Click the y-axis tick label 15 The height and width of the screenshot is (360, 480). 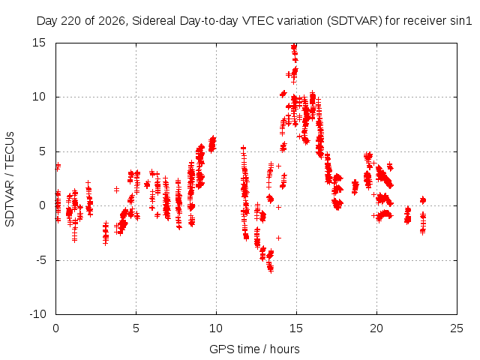pos(39,43)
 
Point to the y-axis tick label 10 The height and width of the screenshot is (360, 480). pos(39,97)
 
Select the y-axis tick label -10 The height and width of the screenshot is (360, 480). pos(37,314)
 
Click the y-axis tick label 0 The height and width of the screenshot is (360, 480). pos(43,205)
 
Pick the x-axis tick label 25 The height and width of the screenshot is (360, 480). pos(457,328)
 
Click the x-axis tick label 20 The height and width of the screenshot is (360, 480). pos(376,328)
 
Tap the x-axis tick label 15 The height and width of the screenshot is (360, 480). pos(296,328)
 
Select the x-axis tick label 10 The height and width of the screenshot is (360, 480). pos(216,328)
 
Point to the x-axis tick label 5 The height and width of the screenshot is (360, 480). pos(136,328)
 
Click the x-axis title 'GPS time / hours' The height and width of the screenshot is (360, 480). pos(254,349)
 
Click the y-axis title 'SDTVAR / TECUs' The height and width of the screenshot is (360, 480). pos(10,179)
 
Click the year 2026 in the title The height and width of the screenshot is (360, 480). pos(112,21)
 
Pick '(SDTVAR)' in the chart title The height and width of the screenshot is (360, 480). pos(355,21)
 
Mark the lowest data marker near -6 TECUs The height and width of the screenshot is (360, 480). pos(271,271)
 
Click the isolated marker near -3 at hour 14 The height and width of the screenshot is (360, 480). pos(278,238)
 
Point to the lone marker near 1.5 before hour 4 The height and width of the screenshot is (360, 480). pos(117,190)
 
